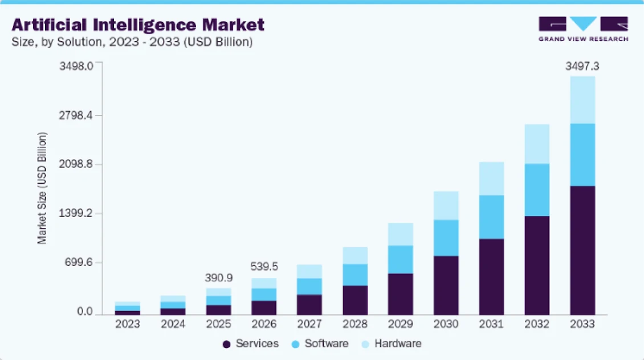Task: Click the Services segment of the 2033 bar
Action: click(582, 250)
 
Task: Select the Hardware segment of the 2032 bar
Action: click(536, 144)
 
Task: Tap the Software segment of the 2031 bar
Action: click(491, 216)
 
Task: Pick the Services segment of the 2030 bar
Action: click(446, 285)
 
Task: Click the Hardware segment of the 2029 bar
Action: click(400, 234)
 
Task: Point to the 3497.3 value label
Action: click(582, 67)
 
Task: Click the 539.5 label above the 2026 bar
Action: click(264, 267)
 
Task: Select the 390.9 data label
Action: click(219, 277)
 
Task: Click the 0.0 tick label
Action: click(85, 312)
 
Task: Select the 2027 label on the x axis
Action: click(309, 324)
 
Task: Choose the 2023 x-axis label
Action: click(128, 324)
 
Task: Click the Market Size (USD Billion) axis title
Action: click(42, 189)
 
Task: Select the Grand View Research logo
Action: click(583, 29)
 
